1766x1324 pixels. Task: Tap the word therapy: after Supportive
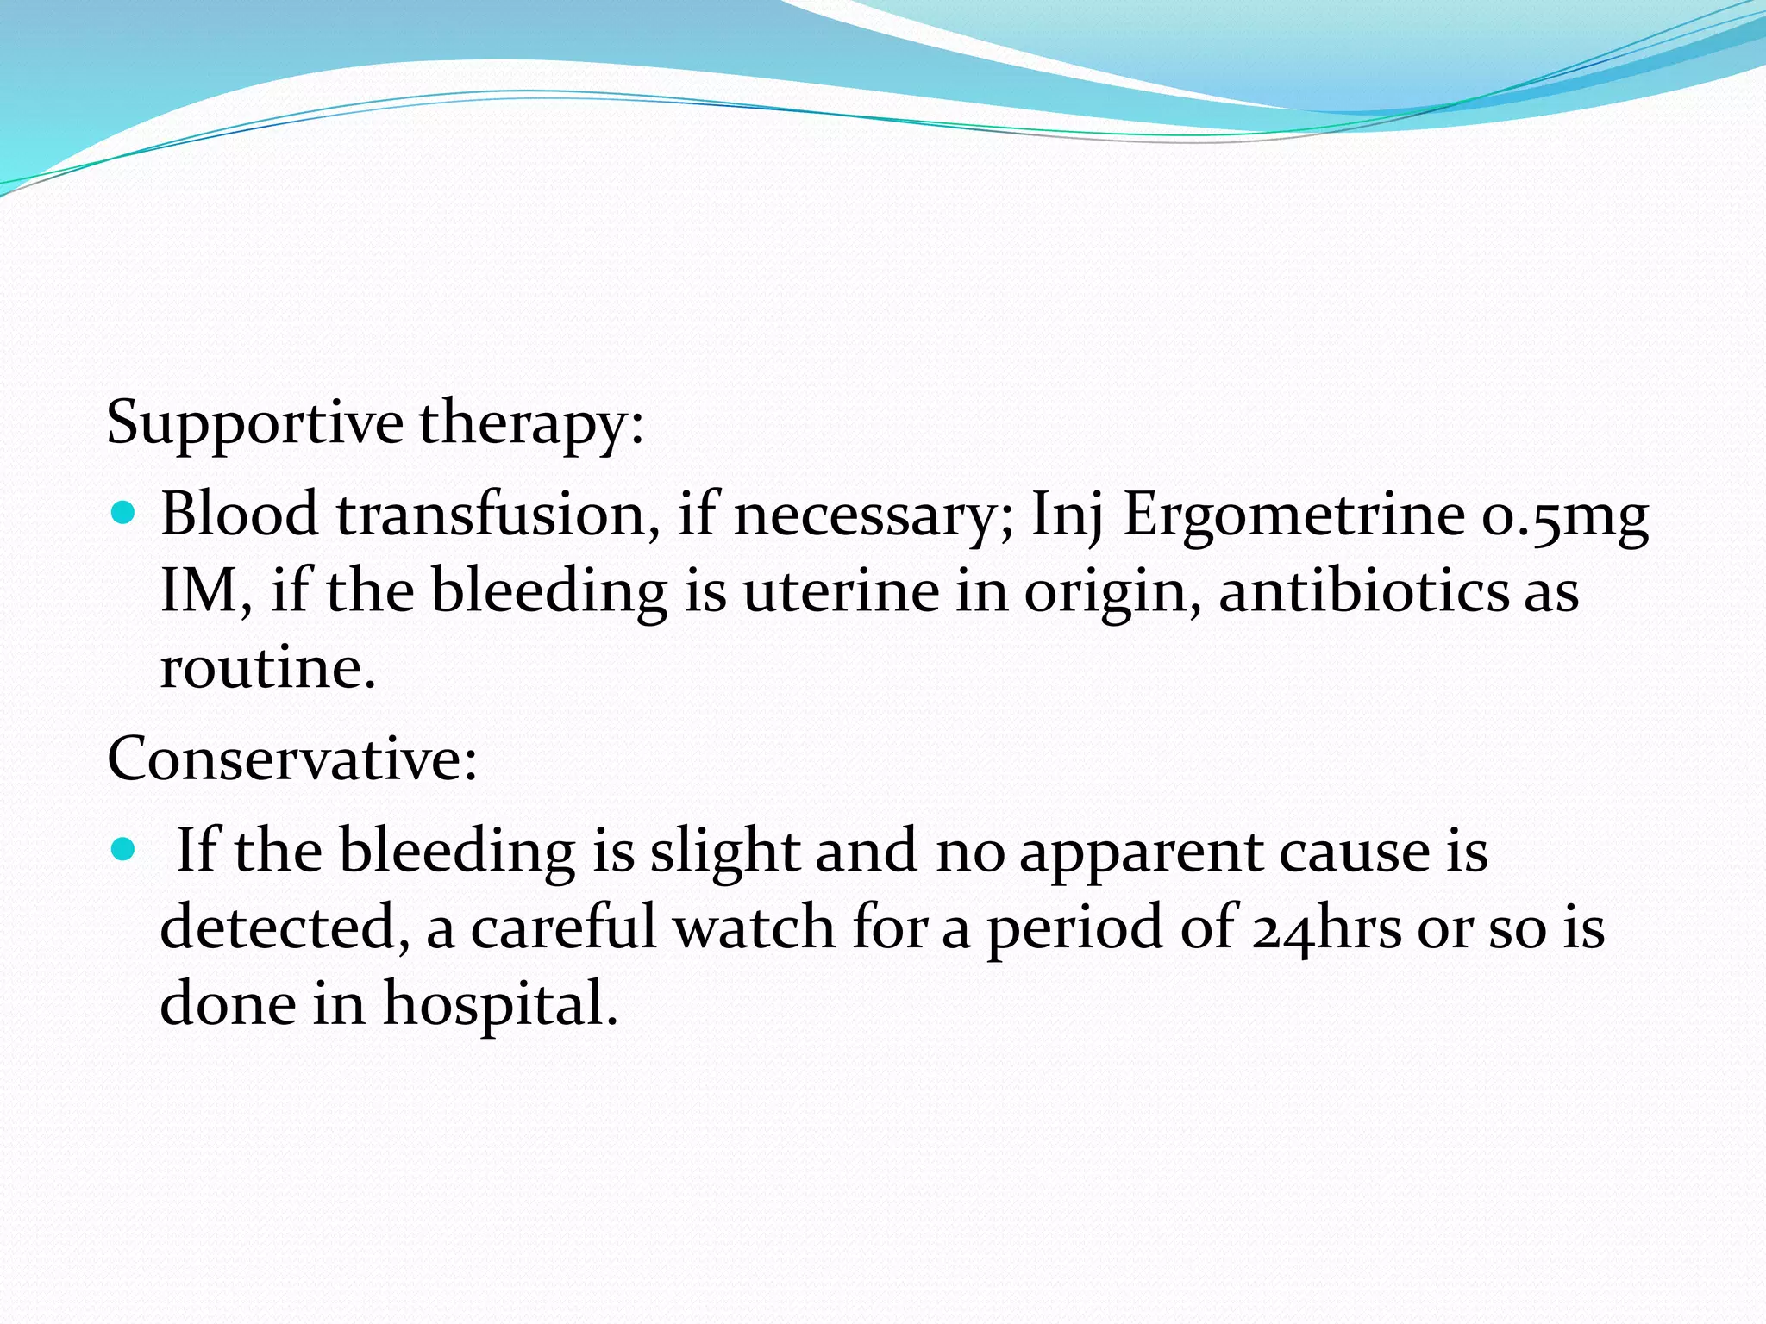531,424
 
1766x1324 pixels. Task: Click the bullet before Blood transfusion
124,515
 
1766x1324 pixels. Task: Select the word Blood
240,515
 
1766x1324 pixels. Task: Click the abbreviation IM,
206,591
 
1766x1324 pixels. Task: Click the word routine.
268,668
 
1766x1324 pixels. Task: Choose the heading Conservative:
292,759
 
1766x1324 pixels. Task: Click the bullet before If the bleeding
124,851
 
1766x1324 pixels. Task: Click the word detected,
285,928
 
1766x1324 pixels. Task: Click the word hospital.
500,1005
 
